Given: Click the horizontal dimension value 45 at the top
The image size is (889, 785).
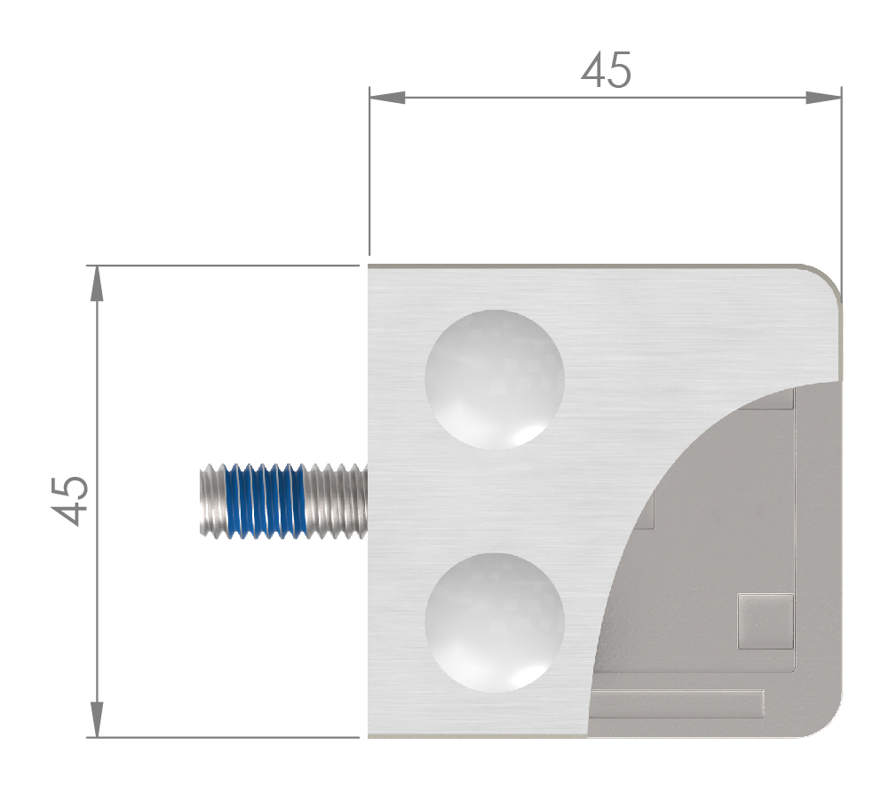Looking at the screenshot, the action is click(606, 70).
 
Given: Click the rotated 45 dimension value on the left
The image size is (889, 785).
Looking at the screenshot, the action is click(70, 501).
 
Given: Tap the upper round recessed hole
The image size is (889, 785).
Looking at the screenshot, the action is click(495, 379).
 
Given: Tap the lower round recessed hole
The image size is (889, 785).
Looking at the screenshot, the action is click(495, 622).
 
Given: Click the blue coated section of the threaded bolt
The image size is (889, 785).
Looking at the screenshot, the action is click(266, 501).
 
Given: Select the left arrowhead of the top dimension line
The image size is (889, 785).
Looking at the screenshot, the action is click(387, 97).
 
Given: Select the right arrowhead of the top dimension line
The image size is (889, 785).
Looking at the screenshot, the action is click(823, 97).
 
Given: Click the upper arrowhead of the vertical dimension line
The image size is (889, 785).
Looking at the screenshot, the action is click(97, 283).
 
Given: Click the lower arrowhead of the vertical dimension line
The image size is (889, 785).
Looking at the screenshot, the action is click(97, 720).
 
